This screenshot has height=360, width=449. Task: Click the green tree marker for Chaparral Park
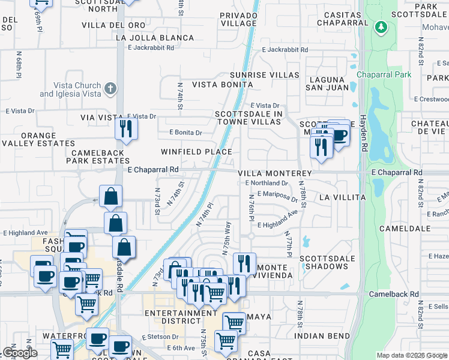click(380, 28)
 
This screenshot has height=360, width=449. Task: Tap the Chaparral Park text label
click(384, 74)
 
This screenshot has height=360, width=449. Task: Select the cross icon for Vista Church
click(110, 89)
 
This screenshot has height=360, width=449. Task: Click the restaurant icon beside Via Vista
click(126, 129)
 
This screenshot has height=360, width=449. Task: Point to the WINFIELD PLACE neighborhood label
click(196, 152)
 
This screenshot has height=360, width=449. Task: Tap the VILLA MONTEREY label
click(274, 173)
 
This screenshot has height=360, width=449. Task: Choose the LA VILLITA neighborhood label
click(342, 197)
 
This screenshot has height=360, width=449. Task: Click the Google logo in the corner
click(20, 353)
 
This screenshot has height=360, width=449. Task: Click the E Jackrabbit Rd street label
click(285, 50)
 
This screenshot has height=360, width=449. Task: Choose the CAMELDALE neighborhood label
click(403, 229)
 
